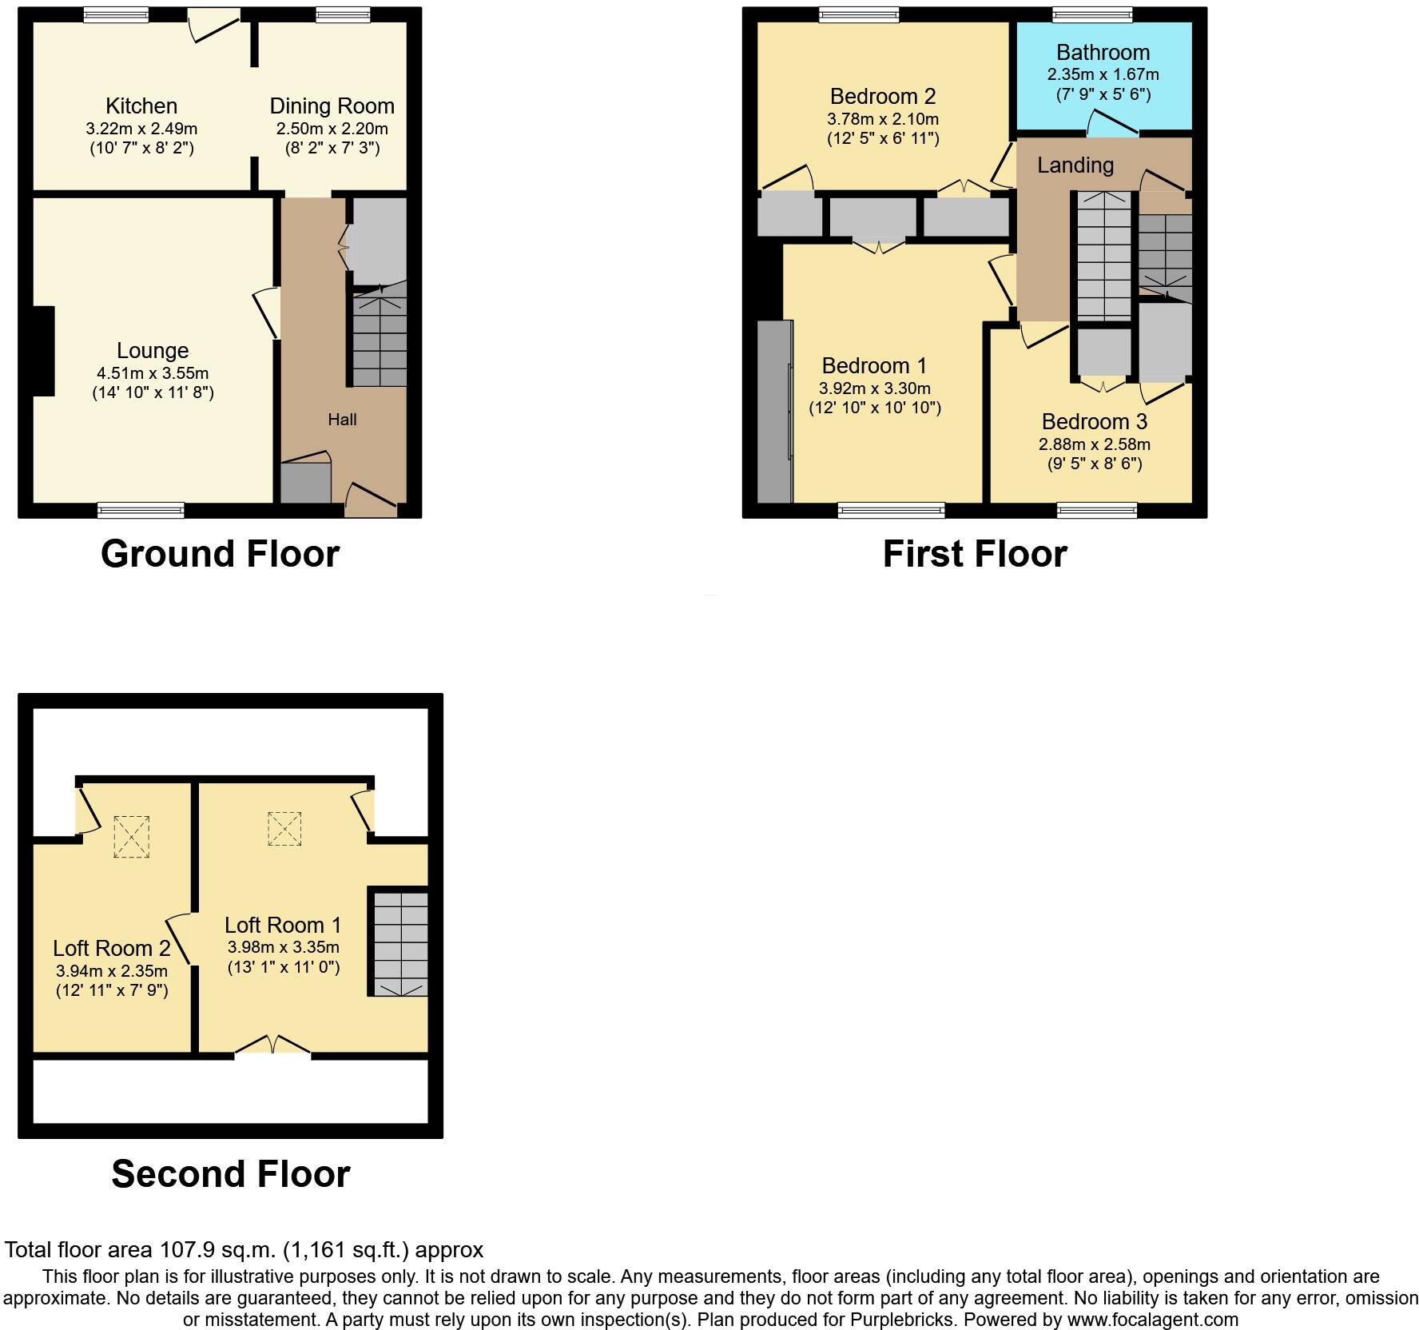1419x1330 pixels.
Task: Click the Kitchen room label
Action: (x=141, y=106)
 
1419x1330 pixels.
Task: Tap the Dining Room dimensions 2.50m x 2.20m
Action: (x=332, y=129)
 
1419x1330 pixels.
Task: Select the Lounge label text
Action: (x=153, y=350)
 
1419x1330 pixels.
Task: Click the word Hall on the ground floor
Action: (x=342, y=420)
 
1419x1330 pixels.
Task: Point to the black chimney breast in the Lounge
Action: (x=43, y=351)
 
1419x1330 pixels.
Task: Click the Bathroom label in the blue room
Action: (x=1103, y=53)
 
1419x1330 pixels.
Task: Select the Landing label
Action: (x=1075, y=165)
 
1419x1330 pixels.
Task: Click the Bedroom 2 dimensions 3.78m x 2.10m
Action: (x=883, y=119)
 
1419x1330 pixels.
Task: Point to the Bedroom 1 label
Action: (x=874, y=365)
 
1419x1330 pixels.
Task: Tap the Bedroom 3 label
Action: (x=1094, y=421)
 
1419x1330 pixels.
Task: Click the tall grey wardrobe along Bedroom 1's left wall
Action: (x=774, y=411)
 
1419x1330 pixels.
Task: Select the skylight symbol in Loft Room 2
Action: (x=131, y=836)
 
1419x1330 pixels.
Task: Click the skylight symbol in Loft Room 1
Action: (x=284, y=828)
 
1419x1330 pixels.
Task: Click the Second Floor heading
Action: (x=230, y=1173)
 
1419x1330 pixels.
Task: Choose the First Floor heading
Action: (x=974, y=554)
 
